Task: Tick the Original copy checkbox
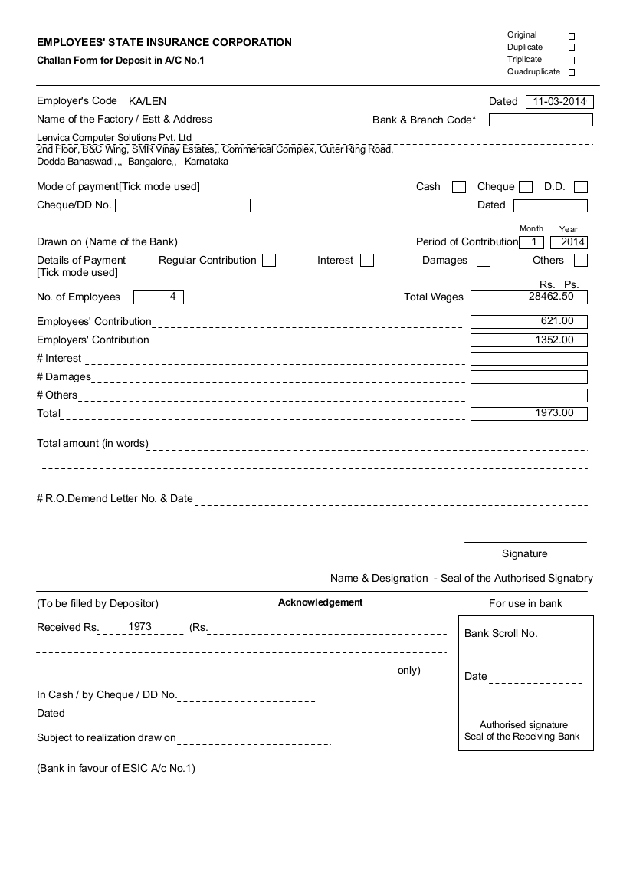point(572,36)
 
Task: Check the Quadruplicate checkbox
point(572,73)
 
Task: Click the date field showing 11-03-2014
point(559,101)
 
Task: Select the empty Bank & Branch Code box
point(540,120)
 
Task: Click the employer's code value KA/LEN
point(147,101)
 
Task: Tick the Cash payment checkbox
point(459,187)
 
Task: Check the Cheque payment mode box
point(526,187)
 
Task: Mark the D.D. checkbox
point(581,187)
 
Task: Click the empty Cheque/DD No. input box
point(182,205)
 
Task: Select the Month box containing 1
point(532,242)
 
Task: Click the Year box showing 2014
point(569,242)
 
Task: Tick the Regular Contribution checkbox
point(269,261)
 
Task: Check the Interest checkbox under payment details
point(367,261)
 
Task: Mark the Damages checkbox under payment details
point(484,261)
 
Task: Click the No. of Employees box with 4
point(159,297)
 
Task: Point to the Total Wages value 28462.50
point(529,297)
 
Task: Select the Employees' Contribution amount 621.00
point(529,322)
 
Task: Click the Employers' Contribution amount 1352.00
point(529,340)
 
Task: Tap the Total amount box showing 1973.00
point(529,414)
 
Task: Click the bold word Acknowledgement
point(320,602)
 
